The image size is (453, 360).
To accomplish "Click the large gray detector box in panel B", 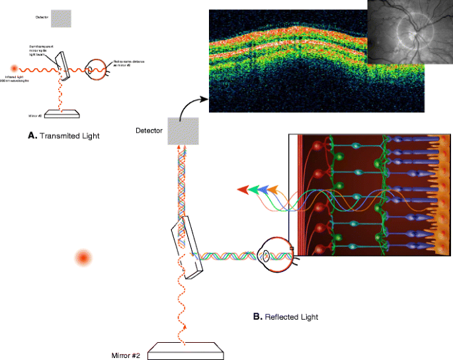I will [183, 131].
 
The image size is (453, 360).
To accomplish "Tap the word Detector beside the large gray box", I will [148, 131].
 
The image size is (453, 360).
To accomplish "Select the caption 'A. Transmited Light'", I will [63, 135].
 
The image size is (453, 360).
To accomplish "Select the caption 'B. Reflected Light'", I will [286, 317].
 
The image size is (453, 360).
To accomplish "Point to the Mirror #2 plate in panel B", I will [185, 350].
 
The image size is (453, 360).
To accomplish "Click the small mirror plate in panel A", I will [62, 113].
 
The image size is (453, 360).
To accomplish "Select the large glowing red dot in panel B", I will [83, 257].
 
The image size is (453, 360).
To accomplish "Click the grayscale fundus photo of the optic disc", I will [408, 32].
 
